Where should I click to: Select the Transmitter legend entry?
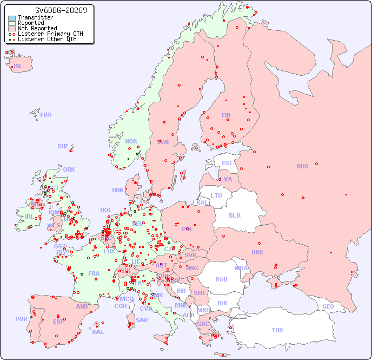pyautogui.click(x=35, y=17)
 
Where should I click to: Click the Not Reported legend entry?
pyautogui.click(x=37, y=28)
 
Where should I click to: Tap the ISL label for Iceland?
pyautogui.click(x=18, y=67)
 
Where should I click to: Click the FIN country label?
pyautogui.click(x=226, y=115)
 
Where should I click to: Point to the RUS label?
pyautogui.click(x=302, y=166)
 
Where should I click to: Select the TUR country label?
pyautogui.click(x=277, y=330)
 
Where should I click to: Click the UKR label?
pyautogui.click(x=257, y=252)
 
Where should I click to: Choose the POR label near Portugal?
pyautogui.click(x=21, y=319)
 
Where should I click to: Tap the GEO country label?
pyautogui.click(x=328, y=306)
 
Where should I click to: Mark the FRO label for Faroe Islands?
pyautogui.click(x=46, y=115)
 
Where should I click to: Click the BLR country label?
pyautogui.click(x=234, y=215)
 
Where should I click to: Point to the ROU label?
pyautogui.click(x=221, y=279)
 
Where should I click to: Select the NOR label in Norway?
pyautogui.click(x=131, y=141)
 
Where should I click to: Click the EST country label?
pyautogui.click(x=227, y=163)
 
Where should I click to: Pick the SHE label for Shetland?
pyautogui.click(x=63, y=146)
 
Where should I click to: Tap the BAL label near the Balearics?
pyautogui.click(x=97, y=332)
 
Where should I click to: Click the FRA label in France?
pyautogui.click(x=94, y=273)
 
